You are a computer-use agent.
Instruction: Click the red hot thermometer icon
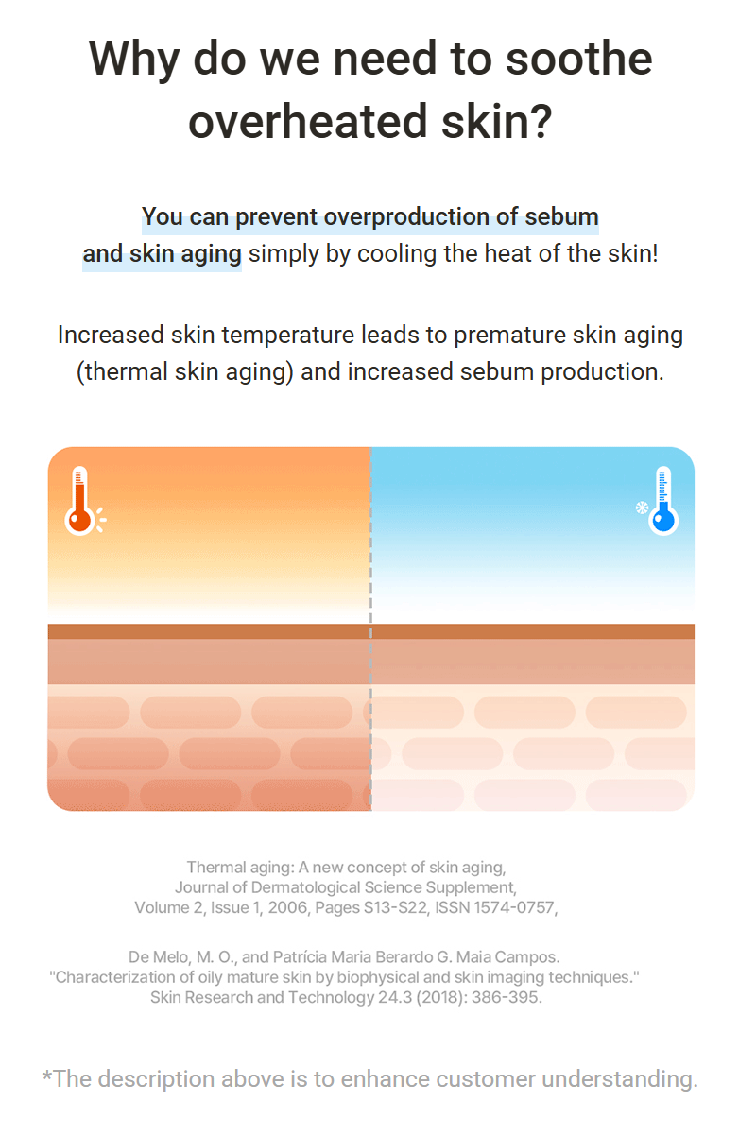[x=80, y=501]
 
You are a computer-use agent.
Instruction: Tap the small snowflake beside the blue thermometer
[x=642, y=508]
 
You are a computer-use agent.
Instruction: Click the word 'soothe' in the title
[x=578, y=59]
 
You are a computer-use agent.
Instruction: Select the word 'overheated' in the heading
[x=308, y=121]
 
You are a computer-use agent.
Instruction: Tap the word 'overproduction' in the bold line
[x=406, y=217]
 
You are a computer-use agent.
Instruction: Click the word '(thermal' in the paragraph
[x=122, y=371]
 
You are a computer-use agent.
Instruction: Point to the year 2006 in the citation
[x=288, y=908]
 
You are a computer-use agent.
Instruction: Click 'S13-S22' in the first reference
[x=396, y=908]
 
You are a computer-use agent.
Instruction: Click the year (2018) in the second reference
[x=440, y=998]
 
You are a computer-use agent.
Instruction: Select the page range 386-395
[x=507, y=998]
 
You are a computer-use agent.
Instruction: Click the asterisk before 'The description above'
[x=46, y=1076]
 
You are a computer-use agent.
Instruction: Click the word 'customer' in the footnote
[x=486, y=1079]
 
